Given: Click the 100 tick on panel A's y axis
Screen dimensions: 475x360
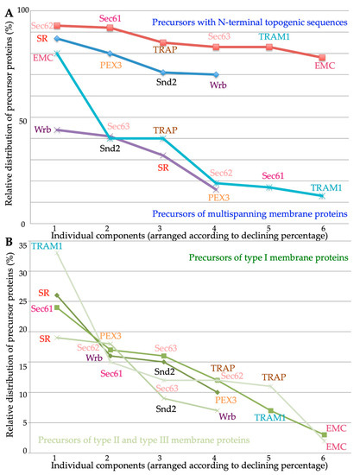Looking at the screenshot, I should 23,9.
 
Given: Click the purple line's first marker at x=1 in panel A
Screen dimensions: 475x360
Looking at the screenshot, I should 56,130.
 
